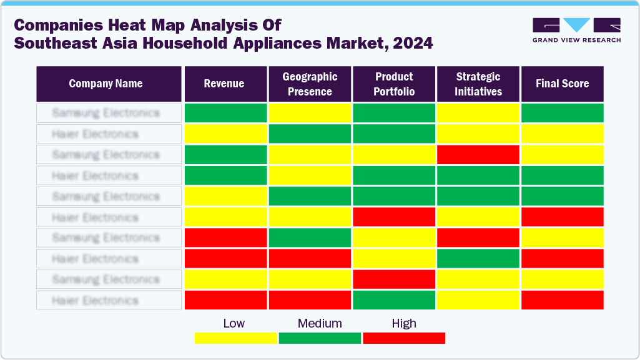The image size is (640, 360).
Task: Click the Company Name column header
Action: pos(106,84)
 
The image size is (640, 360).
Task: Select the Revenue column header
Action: pos(224,84)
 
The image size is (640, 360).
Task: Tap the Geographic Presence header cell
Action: pos(310,84)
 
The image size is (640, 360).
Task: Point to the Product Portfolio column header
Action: pos(394,84)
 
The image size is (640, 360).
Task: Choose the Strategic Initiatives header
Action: pos(478,84)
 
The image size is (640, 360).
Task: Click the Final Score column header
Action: pos(562,84)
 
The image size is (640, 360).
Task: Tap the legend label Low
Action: pos(234,323)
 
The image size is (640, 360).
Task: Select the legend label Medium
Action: pos(320,323)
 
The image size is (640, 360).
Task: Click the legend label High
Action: pos(403,323)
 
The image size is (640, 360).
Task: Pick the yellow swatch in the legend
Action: pos(235,338)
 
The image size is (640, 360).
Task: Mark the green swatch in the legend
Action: pos(320,338)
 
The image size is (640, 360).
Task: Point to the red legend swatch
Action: pos(404,338)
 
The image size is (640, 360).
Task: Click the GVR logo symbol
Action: pos(576,25)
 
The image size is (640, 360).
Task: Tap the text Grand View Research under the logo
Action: pos(576,40)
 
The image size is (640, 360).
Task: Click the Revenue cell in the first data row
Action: pos(225,113)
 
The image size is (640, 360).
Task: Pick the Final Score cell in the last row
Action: pos(562,300)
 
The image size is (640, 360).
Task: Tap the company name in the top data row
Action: pos(106,113)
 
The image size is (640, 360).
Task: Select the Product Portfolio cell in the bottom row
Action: pos(394,300)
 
